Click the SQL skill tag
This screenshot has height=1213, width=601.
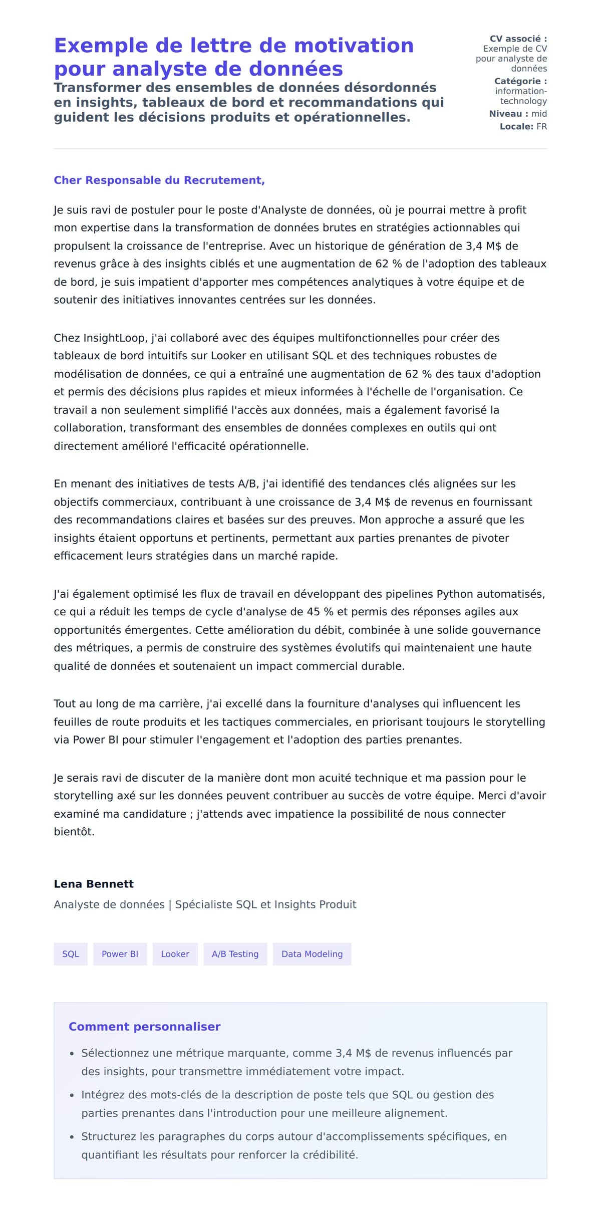(71, 954)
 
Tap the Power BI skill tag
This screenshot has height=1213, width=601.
(120, 954)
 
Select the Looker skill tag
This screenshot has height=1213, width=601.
(175, 954)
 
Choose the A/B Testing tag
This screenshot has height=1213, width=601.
(235, 954)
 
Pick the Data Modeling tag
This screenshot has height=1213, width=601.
(312, 954)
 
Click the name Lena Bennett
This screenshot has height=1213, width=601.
(94, 884)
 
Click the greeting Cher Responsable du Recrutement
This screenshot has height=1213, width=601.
(159, 180)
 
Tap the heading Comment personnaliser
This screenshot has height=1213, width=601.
(144, 1027)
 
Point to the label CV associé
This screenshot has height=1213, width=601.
(518, 39)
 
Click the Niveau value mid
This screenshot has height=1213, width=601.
(539, 114)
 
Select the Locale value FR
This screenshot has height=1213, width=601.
(541, 127)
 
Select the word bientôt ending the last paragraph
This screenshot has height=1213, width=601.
(74, 832)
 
